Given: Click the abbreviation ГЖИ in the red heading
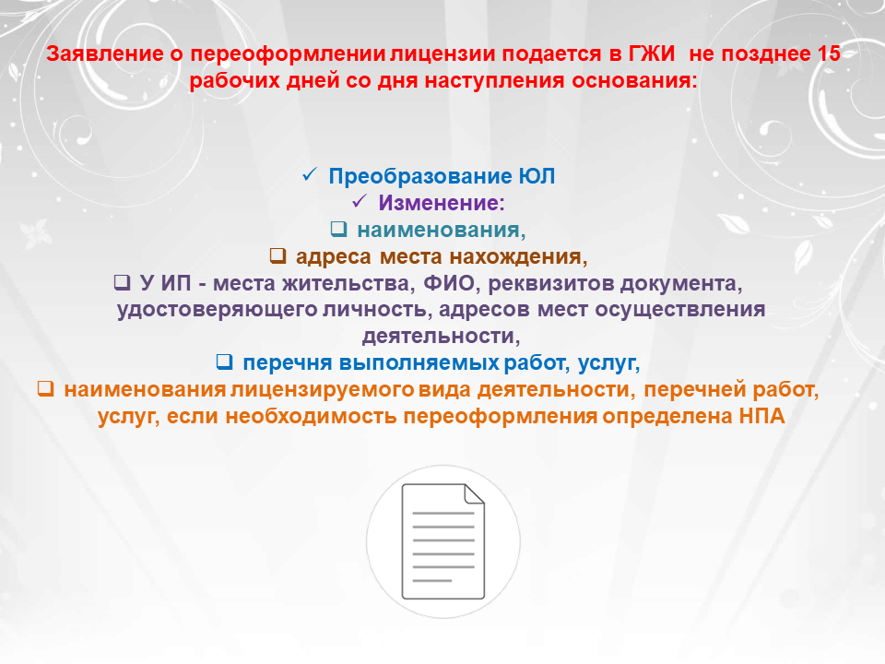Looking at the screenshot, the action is click(x=652, y=53).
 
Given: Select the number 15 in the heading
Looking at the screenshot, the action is click(x=829, y=53).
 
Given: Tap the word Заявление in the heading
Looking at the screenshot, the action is click(x=105, y=53).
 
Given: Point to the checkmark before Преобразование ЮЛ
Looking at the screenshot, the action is click(x=310, y=174).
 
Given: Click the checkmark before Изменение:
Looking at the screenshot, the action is click(x=360, y=201).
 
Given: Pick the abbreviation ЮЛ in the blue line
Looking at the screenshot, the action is click(x=537, y=176).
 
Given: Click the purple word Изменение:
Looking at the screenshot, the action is click(x=442, y=203).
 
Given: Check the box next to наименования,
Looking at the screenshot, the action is click(x=338, y=229).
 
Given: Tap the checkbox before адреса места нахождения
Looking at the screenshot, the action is click(x=277, y=255).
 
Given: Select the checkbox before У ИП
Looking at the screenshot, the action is click(x=122, y=282).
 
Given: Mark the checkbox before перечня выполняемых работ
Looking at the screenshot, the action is click(x=225, y=362).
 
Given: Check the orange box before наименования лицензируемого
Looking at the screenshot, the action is click(x=46, y=388).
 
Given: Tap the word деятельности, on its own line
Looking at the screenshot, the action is click(x=441, y=337).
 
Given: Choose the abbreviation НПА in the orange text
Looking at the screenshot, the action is click(x=762, y=416).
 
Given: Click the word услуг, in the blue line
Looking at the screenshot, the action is click(x=609, y=363).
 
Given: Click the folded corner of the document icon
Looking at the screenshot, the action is click(x=474, y=493).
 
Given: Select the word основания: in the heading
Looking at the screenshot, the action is click(x=635, y=81).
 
